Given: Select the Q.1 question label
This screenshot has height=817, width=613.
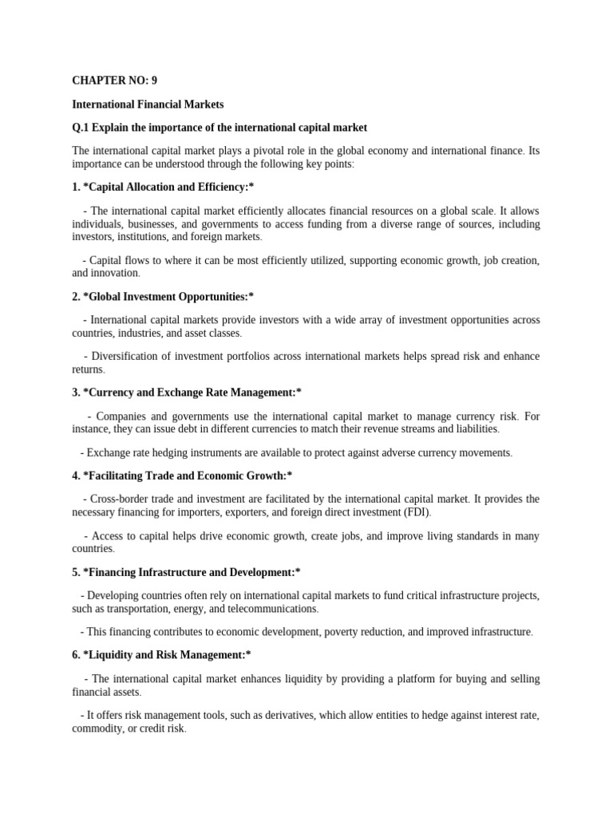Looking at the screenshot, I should [x=82, y=128].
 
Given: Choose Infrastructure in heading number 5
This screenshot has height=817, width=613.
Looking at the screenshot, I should [x=182, y=572].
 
